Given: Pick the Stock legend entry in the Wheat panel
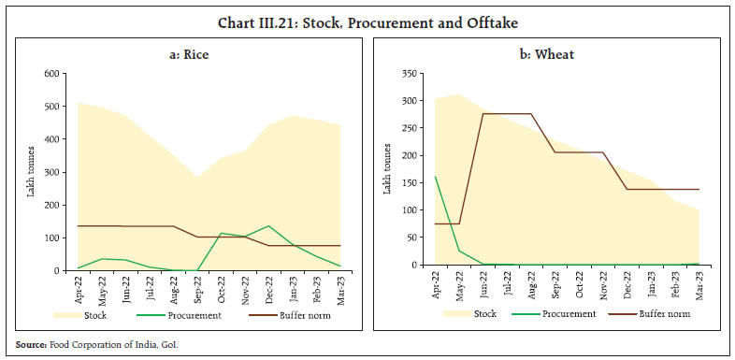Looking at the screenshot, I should pyautogui.click(x=479, y=313).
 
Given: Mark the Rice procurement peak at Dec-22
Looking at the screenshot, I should pyautogui.click(x=268, y=225).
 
